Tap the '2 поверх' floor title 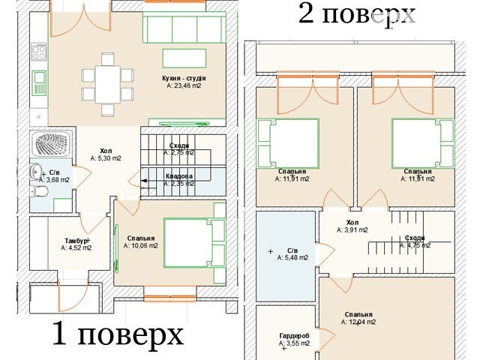pyautogui.click(x=357, y=13)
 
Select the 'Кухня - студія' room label pyautogui.click(x=184, y=78)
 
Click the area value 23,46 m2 pyautogui.click(x=184, y=85)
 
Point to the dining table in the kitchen pyautogui.click(x=108, y=85)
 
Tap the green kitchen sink pyautogui.click(x=39, y=83)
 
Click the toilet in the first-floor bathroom pyautogui.click(x=40, y=191)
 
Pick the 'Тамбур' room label pyautogui.click(x=76, y=241)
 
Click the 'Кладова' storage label pyautogui.click(x=179, y=176)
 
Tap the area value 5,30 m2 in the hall pyautogui.click(x=106, y=158)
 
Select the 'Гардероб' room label pyautogui.click(x=294, y=336)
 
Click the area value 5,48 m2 pyautogui.click(x=292, y=258)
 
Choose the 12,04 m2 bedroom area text pyautogui.click(x=358, y=322)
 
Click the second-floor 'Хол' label pyautogui.click(x=352, y=223)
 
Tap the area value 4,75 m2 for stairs pyautogui.click(x=415, y=245)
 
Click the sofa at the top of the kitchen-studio pyautogui.click(x=184, y=27)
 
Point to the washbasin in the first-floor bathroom pyautogui.click(x=36, y=172)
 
